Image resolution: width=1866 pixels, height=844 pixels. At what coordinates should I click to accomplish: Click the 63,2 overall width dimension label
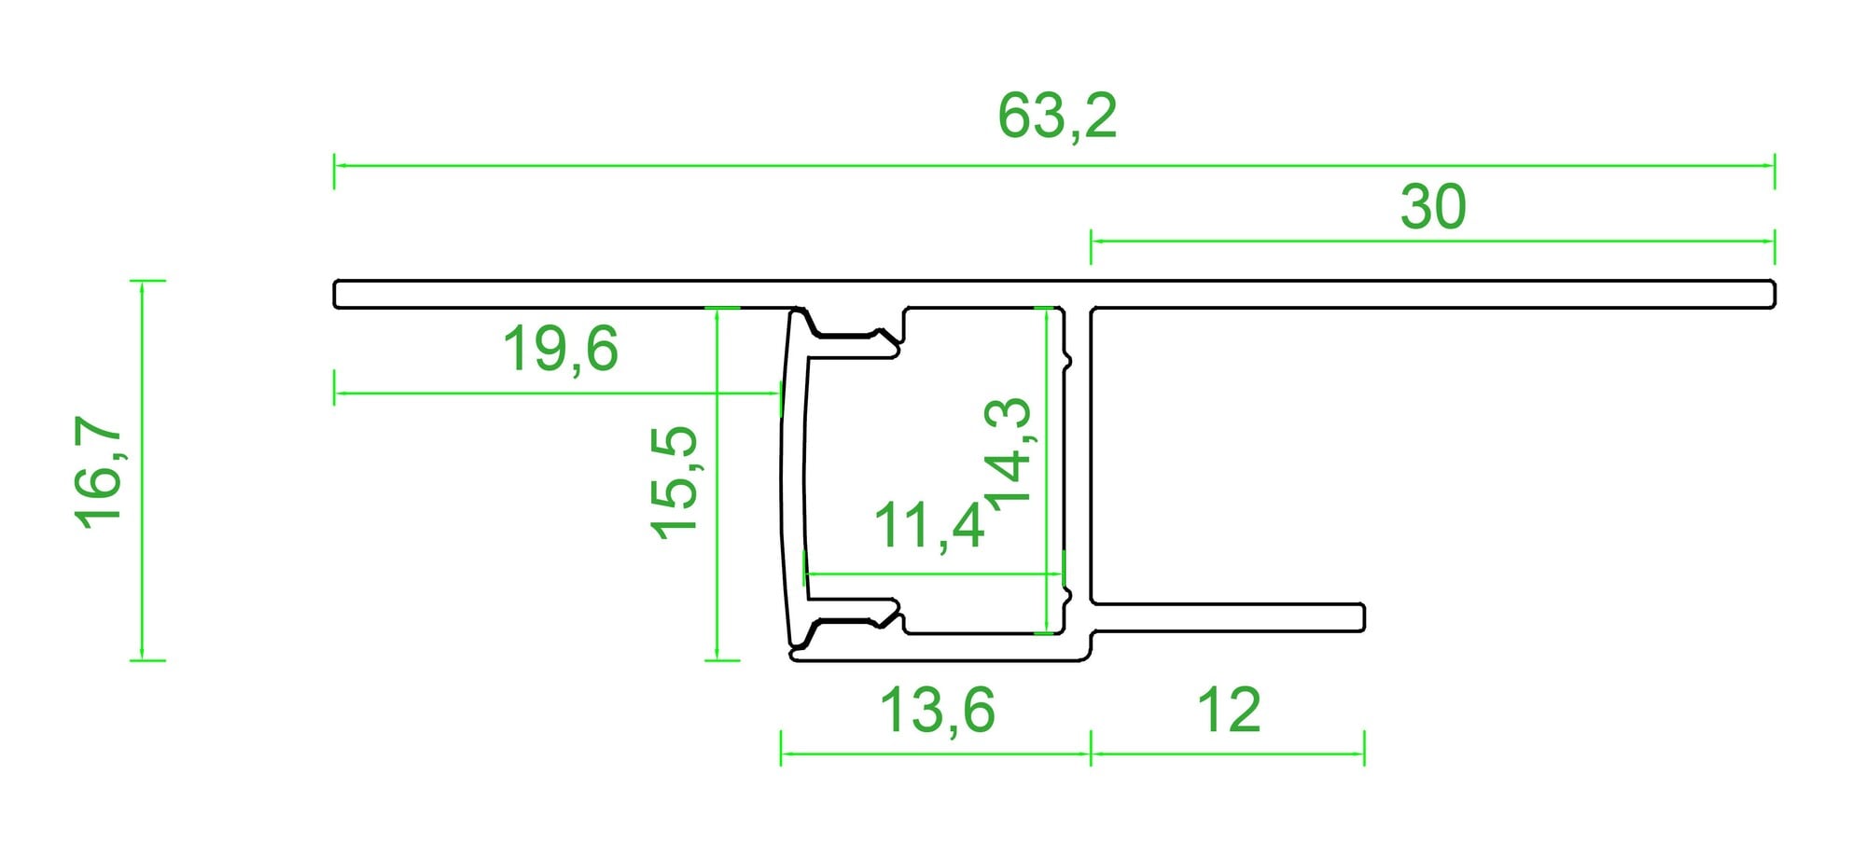(1057, 117)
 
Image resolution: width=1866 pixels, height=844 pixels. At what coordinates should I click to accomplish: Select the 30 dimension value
(1433, 207)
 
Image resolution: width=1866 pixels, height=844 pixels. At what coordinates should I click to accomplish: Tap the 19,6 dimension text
(560, 350)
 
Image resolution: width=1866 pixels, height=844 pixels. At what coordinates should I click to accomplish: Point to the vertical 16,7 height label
(99, 472)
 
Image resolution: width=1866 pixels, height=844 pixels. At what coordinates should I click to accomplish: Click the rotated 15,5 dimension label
(674, 482)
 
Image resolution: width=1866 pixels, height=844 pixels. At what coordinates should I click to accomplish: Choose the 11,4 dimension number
(929, 525)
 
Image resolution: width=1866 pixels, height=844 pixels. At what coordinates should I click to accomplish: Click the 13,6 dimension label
(938, 711)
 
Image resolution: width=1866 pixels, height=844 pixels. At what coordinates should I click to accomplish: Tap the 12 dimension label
(1229, 711)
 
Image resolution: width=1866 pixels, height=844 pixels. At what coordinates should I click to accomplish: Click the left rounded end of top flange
(335, 294)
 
